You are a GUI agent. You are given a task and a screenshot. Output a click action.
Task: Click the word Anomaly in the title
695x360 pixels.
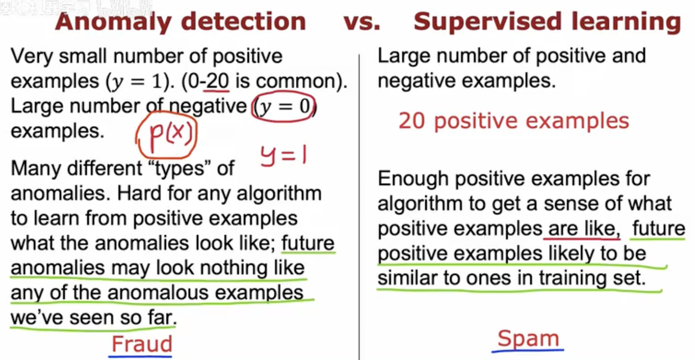[x=114, y=22]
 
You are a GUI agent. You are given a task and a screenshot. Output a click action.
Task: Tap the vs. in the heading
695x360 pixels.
[x=362, y=22]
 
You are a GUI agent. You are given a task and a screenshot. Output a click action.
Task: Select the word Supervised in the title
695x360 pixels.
[x=488, y=22]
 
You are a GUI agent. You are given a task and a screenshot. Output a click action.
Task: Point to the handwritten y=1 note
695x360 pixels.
[x=283, y=155]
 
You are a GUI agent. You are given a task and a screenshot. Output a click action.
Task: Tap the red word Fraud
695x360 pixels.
[x=142, y=344]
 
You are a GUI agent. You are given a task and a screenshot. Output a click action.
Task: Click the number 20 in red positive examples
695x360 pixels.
[x=411, y=121]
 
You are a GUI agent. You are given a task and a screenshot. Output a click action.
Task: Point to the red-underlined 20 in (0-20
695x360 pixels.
[x=218, y=81]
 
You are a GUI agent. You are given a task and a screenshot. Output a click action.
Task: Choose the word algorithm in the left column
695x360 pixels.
[x=279, y=194]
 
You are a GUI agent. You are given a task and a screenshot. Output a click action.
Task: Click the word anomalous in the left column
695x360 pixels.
[x=158, y=293]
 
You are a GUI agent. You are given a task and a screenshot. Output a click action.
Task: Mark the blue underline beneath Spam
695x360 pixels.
[x=528, y=351]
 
